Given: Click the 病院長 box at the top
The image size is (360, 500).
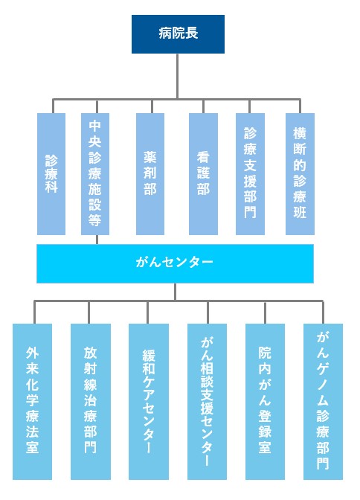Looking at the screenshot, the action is [178, 34].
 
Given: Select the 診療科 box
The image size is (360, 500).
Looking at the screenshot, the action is [51, 174].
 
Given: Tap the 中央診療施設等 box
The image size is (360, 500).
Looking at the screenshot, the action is [95, 174].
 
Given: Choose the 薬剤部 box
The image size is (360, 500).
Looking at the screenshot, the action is [150, 174].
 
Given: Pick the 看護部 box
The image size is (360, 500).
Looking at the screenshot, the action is [203, 174].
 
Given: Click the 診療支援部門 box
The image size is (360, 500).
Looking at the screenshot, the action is [251, 174].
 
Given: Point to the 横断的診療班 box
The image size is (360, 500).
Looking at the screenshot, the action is [300, 174].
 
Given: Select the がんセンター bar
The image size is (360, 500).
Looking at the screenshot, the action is [175, 263].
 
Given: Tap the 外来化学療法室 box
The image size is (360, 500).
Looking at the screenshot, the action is [32, 402].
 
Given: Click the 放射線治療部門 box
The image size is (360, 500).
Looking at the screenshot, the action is [91, 402].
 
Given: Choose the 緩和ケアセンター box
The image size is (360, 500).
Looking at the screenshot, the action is [149, 402].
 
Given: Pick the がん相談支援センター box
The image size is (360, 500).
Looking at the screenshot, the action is [207, 402].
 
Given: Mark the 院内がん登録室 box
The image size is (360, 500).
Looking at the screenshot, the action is [265, 402].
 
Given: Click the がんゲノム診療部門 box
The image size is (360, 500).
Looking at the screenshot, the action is [323, 402].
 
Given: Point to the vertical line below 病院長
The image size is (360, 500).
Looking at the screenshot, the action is [177, 76].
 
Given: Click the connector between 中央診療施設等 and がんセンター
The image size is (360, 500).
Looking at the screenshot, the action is [97, 240].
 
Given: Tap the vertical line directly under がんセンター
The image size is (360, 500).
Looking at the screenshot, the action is [175, 292].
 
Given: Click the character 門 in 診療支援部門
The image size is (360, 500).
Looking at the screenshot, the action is [251, 211].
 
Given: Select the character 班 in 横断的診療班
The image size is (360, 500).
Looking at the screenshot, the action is [300, 211].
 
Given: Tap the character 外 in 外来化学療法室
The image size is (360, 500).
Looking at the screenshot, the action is [32, 353].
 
